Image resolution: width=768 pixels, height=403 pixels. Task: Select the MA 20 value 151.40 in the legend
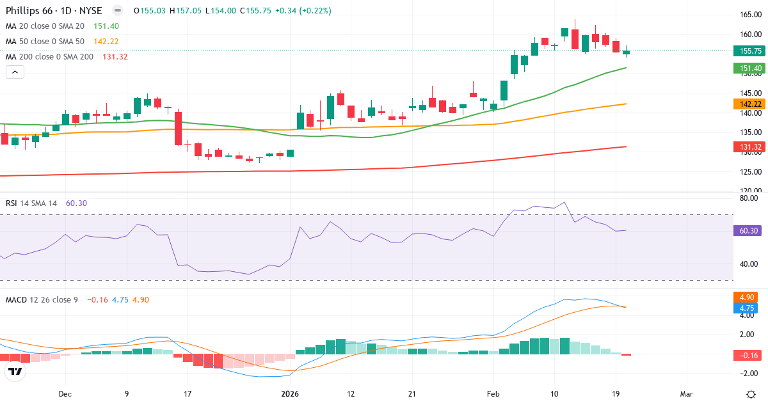(x=106, y=26)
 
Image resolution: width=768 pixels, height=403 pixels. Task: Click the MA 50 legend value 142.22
(x=106, y=42)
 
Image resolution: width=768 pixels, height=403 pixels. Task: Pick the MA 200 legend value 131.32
(x=115, y=57)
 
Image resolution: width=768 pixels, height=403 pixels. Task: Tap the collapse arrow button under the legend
(x=15, y=72)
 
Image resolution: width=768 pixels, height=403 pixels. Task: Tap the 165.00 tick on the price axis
(x=749, y=15)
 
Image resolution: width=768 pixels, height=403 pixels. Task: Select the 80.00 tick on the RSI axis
(x=749, y=198)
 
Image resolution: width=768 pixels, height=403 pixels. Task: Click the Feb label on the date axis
(x=492, y=394)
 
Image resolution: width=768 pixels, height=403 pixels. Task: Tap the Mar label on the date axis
(x=686, y=394)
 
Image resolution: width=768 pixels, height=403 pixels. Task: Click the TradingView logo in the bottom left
(x=15, y=371)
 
